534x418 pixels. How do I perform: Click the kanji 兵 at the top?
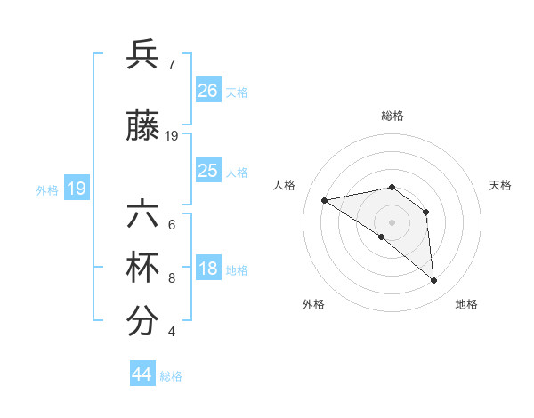142,56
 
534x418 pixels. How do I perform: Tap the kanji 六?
142,216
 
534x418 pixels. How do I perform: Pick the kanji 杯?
142,269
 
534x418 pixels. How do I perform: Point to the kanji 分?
142,322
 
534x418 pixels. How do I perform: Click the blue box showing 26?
207,90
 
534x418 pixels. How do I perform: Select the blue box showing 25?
207,171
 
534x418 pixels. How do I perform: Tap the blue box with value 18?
207,269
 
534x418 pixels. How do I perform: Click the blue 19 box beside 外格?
76,189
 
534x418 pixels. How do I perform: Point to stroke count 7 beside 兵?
171,64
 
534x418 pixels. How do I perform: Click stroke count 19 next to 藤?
172,136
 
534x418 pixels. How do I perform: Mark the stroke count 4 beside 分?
171,332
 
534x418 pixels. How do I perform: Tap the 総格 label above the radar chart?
392,116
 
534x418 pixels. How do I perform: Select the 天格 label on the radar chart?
501,185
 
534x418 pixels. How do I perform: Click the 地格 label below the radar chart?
466,304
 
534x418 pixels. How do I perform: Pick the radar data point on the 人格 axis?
325,200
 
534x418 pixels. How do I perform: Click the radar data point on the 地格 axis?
433,281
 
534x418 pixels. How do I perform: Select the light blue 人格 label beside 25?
237,172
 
